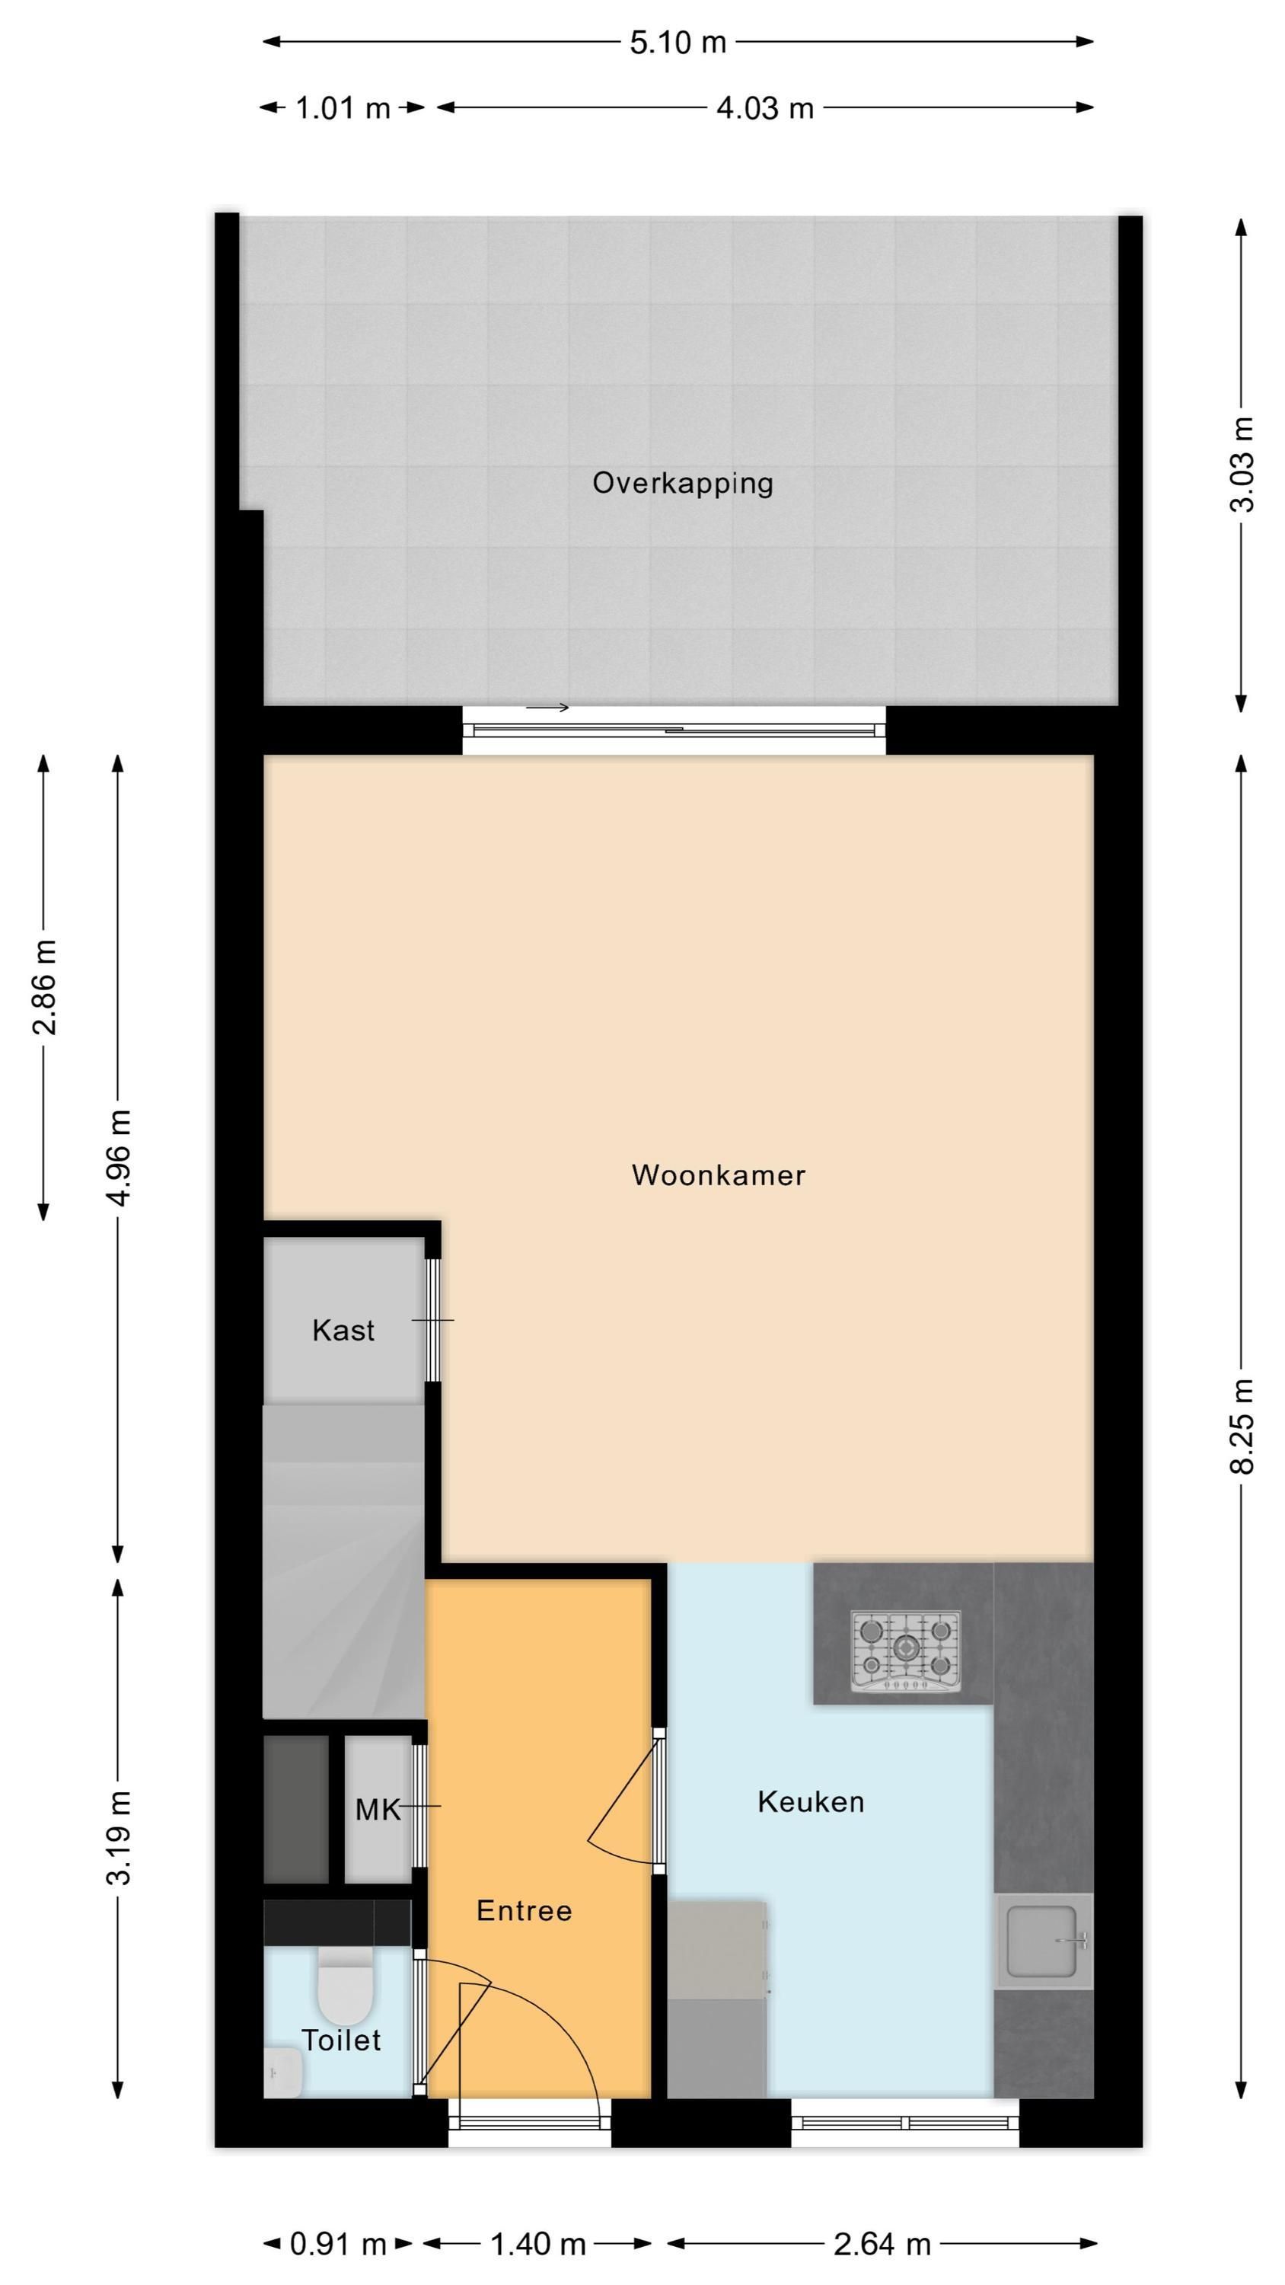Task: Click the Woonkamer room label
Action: tap(719, 1175)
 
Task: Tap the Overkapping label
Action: tap(683, 484)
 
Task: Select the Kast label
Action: tap(343, 1331)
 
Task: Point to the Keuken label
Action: tap(811, 1802)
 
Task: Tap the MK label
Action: tap(378, 1810)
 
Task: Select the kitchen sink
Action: tap(1043, 1941)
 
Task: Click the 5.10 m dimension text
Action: tap(678, 42)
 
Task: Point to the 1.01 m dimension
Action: tap(343, 108)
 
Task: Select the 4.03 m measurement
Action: tap(765, 108)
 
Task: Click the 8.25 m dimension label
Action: tap(1242, 1427)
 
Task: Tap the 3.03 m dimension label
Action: tap(1242, 464)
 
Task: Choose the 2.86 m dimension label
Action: tap(43, 987)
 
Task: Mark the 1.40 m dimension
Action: tap(538, 2244)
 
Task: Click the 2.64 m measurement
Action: tap(882, 2244)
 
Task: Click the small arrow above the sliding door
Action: tap(547, 707)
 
